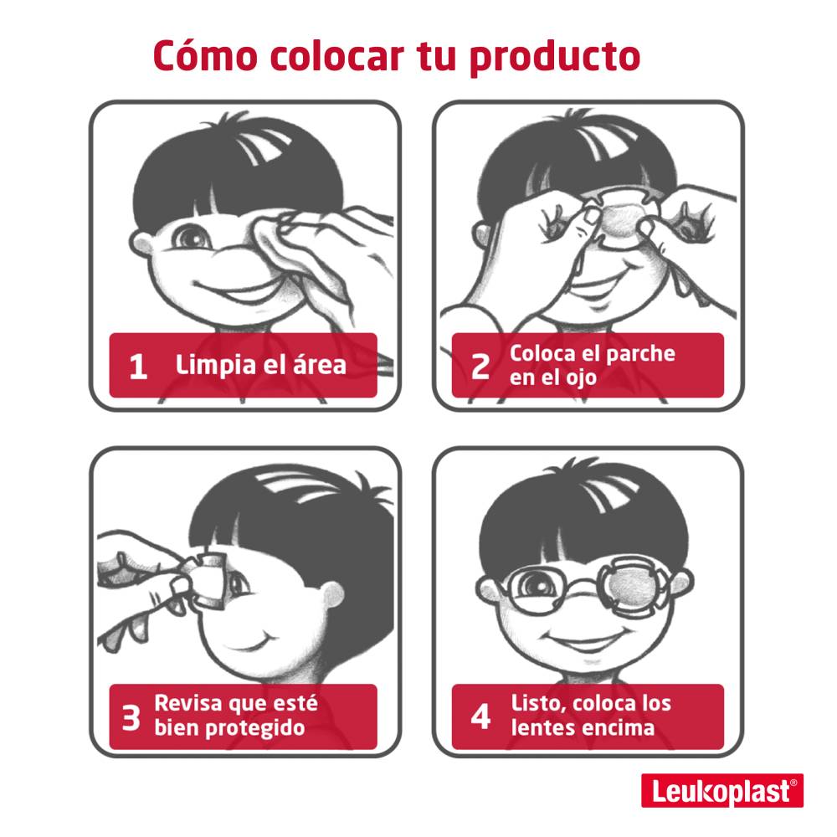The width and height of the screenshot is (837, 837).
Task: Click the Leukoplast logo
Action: point(722,791)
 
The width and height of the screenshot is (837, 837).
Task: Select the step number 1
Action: point(138,367)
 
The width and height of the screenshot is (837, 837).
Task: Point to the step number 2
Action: point(480,367)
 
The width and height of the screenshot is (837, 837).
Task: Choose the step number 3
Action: point(131,717)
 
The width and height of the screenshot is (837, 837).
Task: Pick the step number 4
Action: point(480,716)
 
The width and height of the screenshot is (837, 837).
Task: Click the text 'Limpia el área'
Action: point(260,366)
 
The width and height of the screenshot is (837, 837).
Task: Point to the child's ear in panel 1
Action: point(141,245)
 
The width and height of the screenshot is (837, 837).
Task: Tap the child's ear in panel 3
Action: point(332,596)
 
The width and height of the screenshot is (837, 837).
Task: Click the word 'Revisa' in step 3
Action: point(187,704)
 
